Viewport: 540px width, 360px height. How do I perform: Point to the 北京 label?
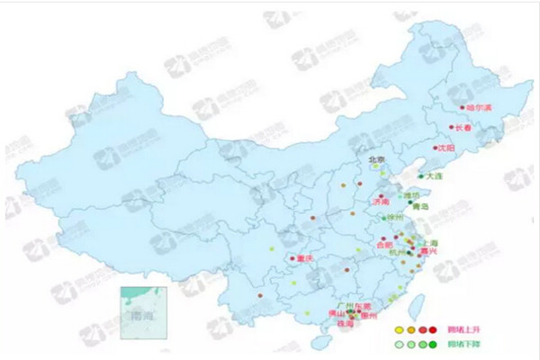(x=375, y=160)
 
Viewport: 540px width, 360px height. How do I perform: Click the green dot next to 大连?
(x=420, y=176)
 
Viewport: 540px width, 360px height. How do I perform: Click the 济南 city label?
(x=381, y=202)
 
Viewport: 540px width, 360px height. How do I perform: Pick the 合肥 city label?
(x=384, y=244)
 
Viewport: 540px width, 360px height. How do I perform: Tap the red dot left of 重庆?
(x=290, y=261)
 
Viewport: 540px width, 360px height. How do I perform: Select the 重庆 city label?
(x=303, y=259)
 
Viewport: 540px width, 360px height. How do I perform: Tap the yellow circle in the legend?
(x=399, y=329)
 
